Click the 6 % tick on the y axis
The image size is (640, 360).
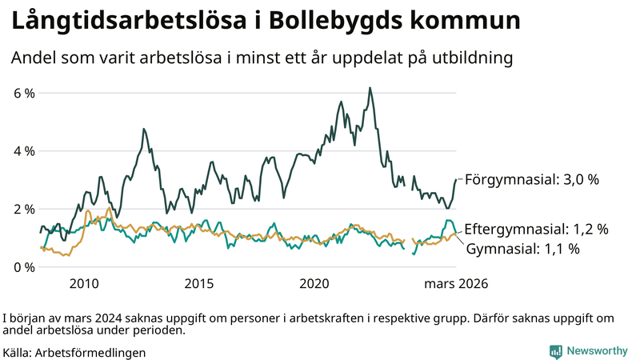click(24, 93)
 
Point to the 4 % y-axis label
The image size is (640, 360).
click(24, 151)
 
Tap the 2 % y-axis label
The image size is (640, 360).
click(24, 209)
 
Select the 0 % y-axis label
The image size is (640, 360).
click(24, 267)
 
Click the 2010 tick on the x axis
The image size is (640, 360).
click(84, 284)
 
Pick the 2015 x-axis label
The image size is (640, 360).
click(199, 284)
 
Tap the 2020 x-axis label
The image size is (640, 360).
click(314, 284)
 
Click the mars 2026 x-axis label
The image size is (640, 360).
click(456, 284)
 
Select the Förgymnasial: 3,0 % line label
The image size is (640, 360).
click(531, 180)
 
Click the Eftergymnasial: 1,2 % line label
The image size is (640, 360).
click(536, 229)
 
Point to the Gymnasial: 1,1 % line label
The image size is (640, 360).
click(522, 249)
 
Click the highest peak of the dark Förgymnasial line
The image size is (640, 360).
click(370, 88)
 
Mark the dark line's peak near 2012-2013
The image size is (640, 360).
click(144, 129)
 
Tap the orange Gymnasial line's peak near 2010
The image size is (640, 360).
click(109, 209)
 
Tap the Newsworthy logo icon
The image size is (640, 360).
click(555, 351)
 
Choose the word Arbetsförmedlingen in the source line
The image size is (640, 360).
click(91, 352)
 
